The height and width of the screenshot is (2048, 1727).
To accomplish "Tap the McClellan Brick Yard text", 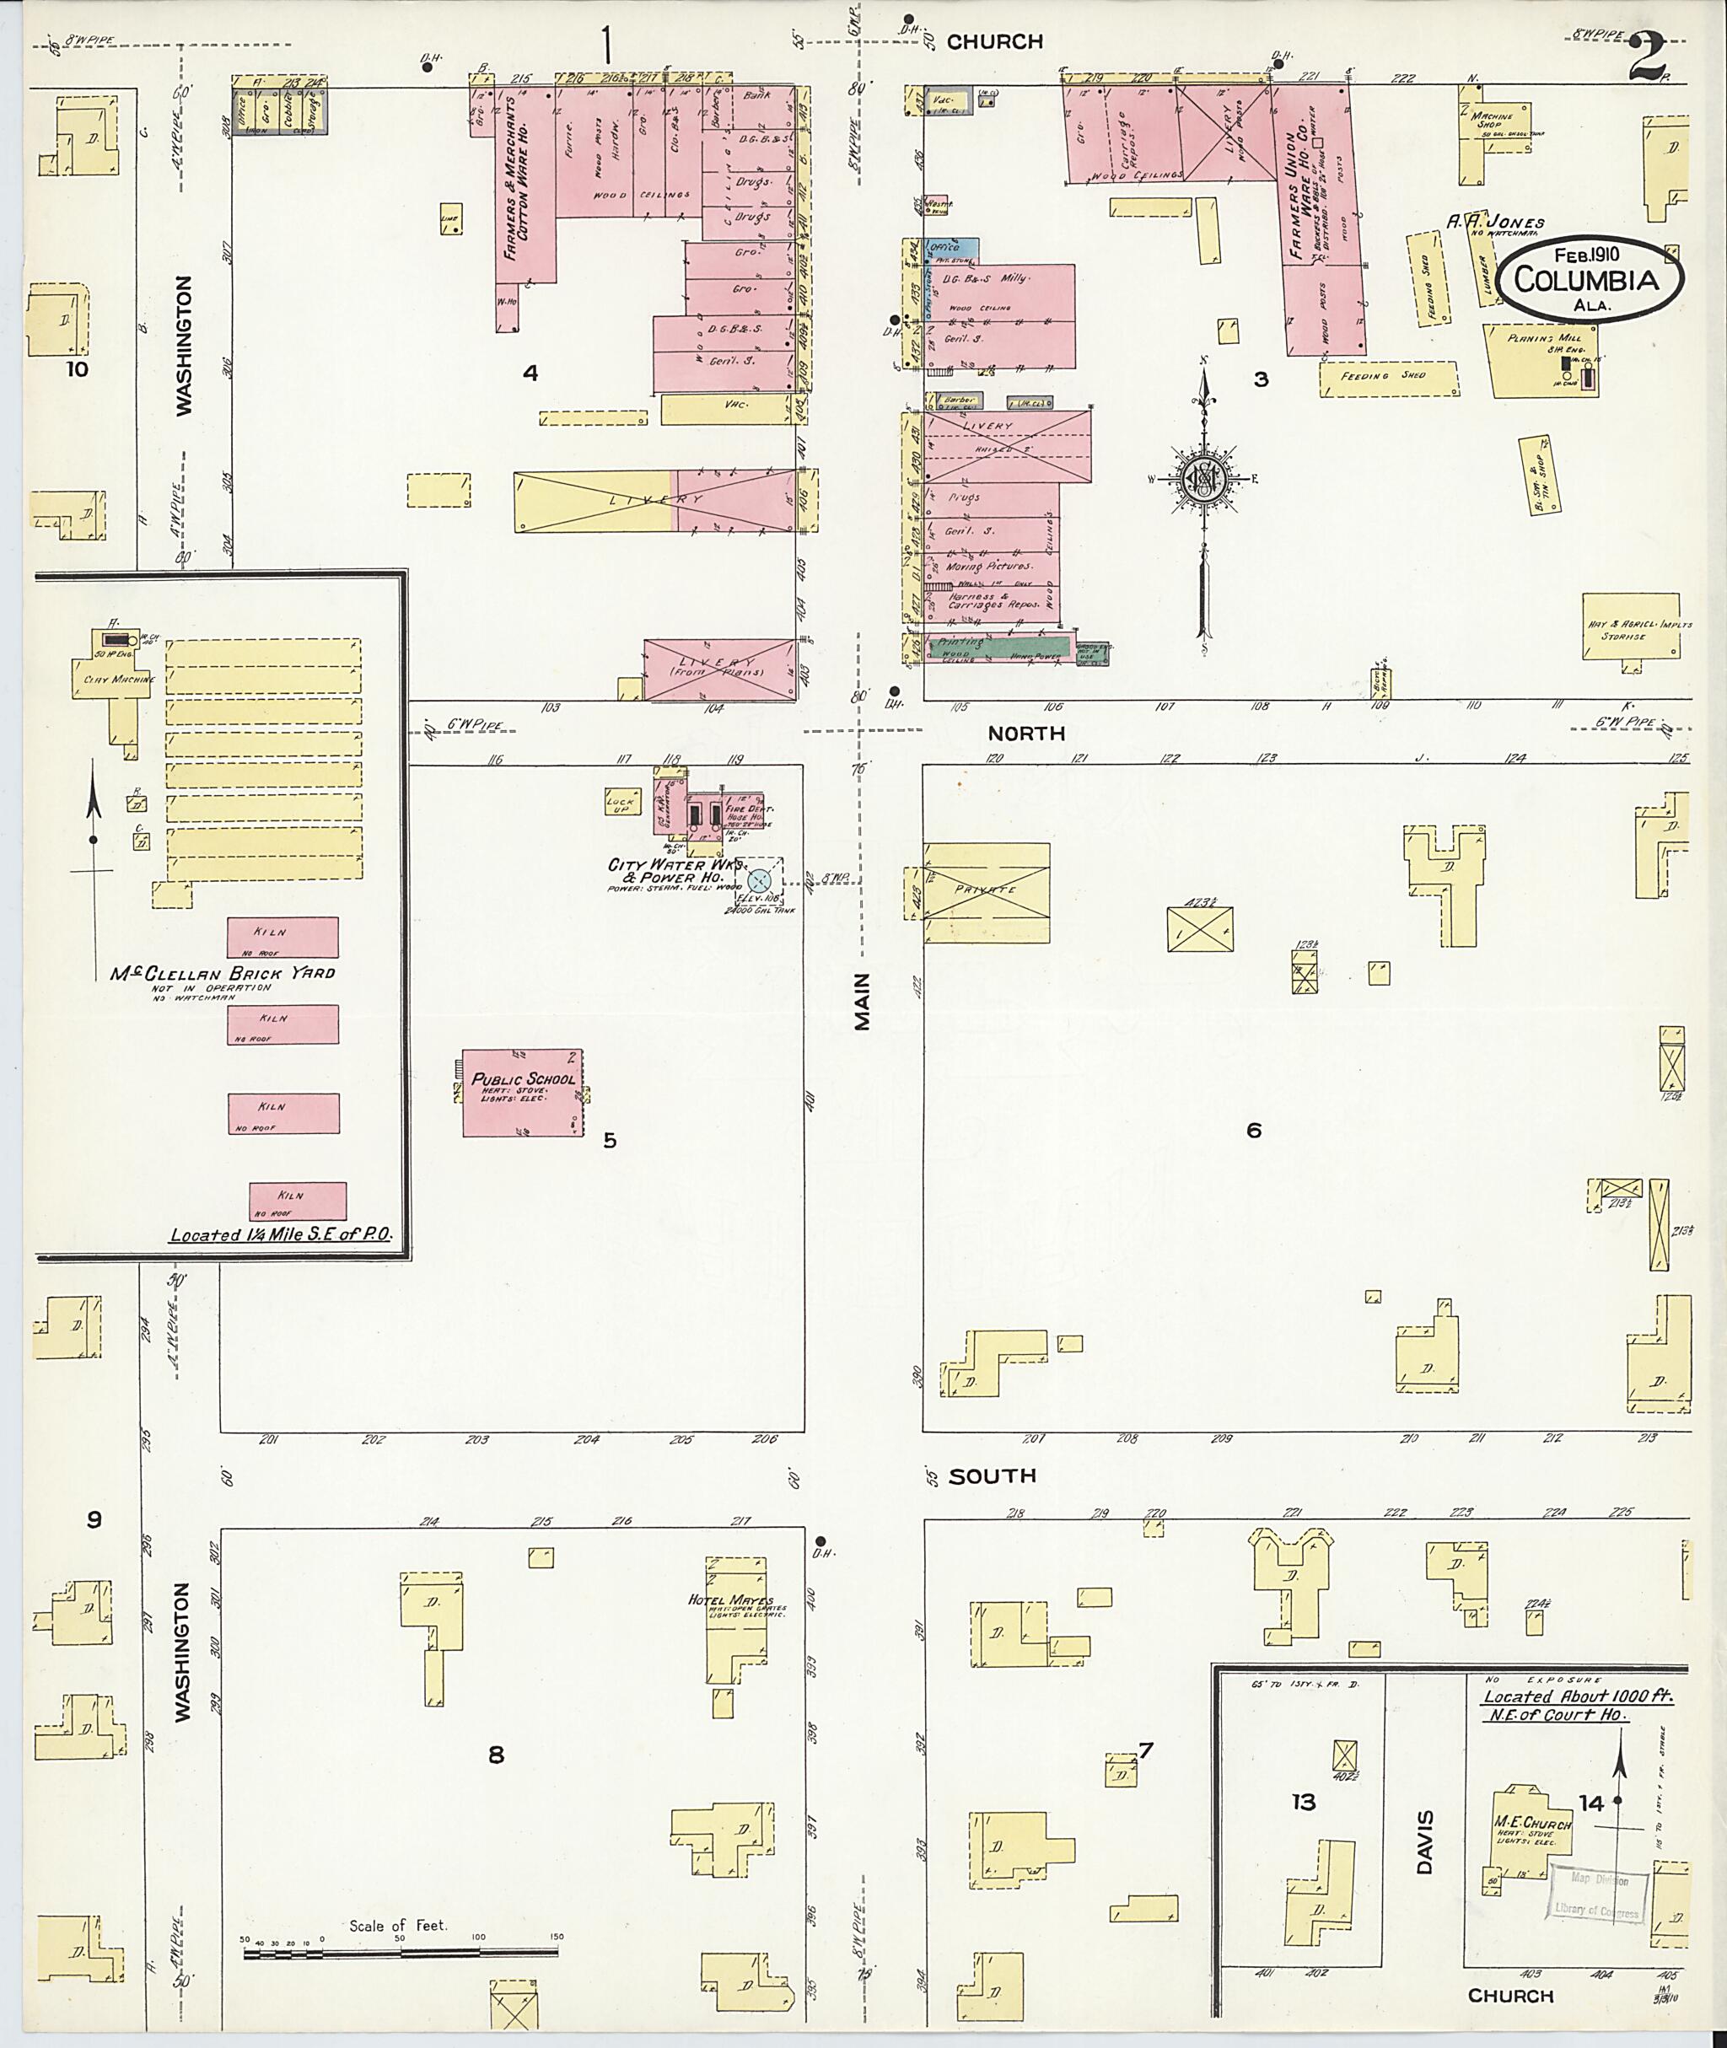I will (223, 973).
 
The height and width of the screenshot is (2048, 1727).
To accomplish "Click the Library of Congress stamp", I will (1595, 1895).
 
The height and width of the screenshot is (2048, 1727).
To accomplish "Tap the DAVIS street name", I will (1423, 1841).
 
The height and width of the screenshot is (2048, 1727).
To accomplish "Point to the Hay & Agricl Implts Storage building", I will (1630, 626).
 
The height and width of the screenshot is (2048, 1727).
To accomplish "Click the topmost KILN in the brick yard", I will (283, 937).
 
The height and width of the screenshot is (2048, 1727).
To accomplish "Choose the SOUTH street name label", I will (993, 1476).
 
